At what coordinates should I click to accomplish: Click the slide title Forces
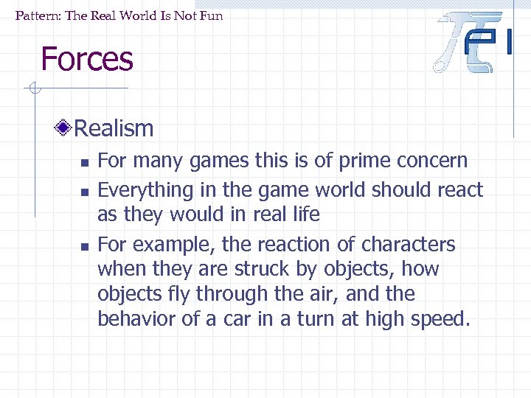(87, 59)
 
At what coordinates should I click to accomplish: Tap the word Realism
(114, 129)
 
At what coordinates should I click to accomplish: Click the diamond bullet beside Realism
(64, 129)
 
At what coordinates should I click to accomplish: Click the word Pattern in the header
(37, 15)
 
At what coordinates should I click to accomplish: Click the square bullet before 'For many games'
(84, 162)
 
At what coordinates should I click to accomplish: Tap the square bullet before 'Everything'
(84, 192)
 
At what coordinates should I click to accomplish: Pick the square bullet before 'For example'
(84, 246)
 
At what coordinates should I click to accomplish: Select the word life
(305, 214)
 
